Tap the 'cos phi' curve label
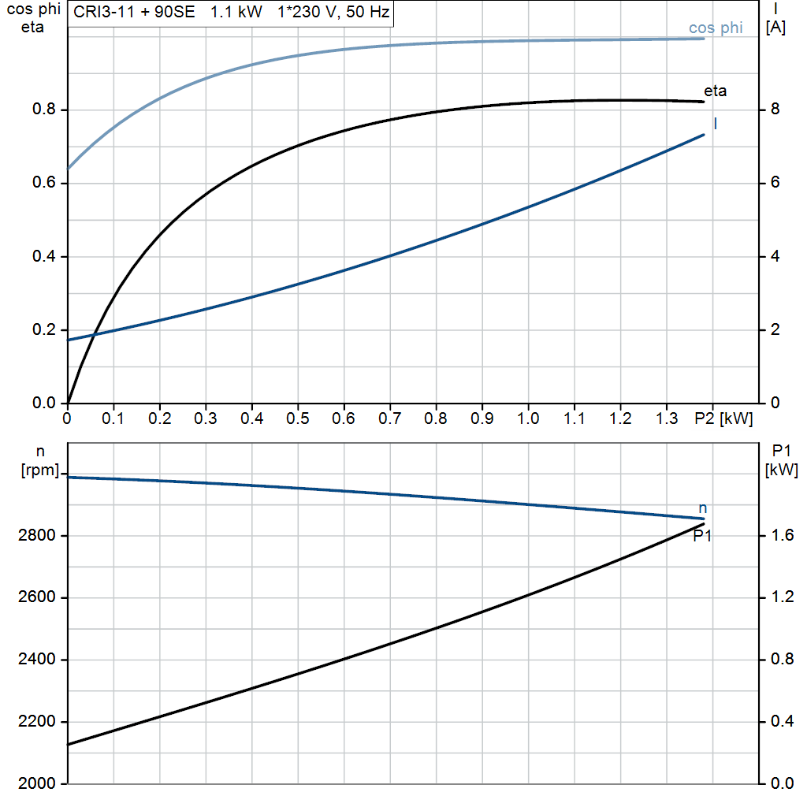coord(716,28)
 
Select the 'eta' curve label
coord(715,91)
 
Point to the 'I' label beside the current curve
coord(715,124)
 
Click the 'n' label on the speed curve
coord(703,508)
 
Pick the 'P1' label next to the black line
coord(702,536)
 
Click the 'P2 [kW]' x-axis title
coord(723,418)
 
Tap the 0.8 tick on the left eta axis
coord(43,110)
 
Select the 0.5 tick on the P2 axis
coord(298,418)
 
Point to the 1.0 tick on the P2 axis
coord(528,418)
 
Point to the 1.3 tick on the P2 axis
coord(667,418)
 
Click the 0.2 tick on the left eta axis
coord(43,330)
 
